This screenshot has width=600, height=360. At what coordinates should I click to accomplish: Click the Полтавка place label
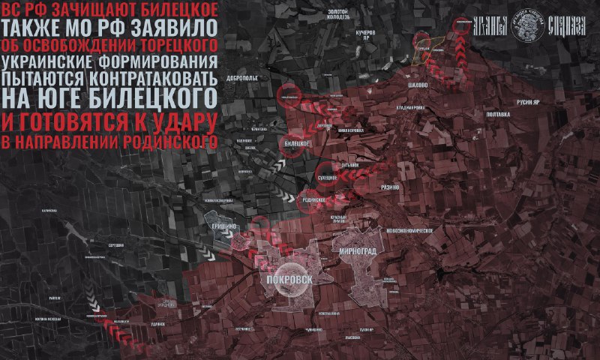pos(498,114)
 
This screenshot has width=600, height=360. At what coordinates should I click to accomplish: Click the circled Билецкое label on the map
pos(298,142)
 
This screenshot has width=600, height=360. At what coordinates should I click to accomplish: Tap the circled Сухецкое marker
pos(325,177)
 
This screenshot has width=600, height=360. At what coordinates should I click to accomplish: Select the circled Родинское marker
pos(313,201)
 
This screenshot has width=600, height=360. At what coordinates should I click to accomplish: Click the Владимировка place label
pos(409,106)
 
